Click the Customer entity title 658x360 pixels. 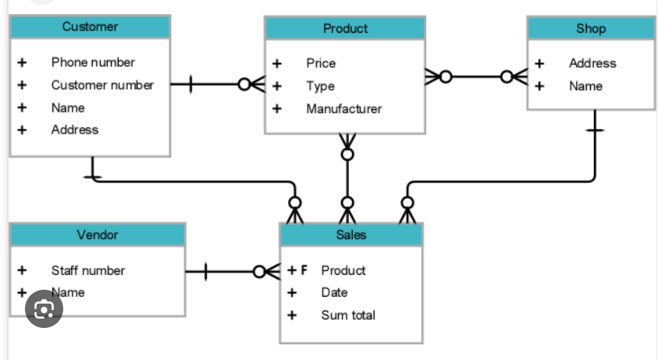point(90,27)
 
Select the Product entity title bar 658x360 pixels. point(345,29)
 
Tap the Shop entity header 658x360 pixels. point(591,29)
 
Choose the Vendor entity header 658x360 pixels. point(98,235)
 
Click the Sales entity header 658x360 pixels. point(351,235)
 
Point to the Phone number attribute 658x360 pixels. point(93,62)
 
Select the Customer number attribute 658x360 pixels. point(102,85)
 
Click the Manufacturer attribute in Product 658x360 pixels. point(343,109)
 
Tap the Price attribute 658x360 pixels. point(321,63)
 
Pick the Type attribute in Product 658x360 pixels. point(320,87)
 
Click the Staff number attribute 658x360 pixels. point(87,271)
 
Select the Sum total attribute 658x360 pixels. point(348,315)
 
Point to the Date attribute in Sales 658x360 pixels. point(334,293)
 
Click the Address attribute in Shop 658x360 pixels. point(592,63)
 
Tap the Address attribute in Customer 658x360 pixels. point(75,130)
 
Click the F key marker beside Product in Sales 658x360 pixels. point(304,271)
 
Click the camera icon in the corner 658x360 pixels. point(44,309)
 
